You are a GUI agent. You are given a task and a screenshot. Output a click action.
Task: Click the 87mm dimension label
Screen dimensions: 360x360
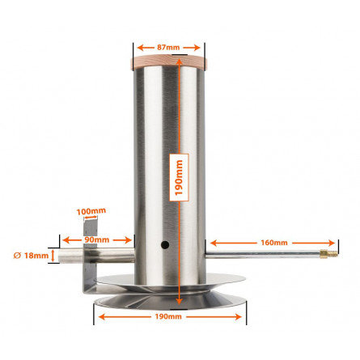click(x=168, y=48)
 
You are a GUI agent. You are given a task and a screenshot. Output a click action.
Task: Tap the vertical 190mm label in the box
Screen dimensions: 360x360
click(x=179, y=178)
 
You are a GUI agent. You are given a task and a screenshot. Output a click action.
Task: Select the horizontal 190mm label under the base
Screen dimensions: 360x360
click(x=168, y=316)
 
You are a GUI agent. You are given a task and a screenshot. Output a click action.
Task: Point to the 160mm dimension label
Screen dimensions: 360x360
click(x=274, y=243)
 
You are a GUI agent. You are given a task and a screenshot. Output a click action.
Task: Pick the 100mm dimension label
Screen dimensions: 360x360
click(x=91, y=211)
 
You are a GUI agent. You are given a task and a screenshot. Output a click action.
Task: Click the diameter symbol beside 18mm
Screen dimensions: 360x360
click(x=17, y=256)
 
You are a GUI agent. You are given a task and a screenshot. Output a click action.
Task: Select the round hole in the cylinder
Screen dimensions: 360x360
click(x=165, y=245)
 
